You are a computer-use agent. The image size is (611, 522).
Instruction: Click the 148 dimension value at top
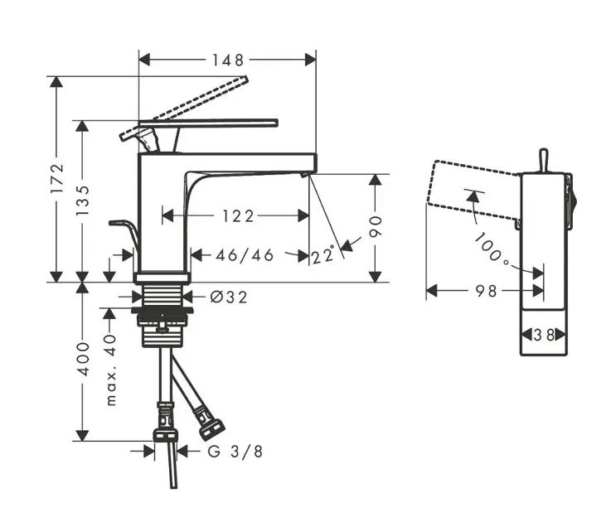click(226, 60)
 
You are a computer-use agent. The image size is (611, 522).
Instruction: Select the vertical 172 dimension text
click(57, 179)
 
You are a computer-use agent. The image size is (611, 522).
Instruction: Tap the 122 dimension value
click(237, 216)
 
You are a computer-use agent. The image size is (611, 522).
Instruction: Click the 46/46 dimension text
click(245, 255)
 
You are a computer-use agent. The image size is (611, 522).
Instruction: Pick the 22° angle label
click(324, 255)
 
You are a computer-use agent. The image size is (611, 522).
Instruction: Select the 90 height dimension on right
click(377, 226)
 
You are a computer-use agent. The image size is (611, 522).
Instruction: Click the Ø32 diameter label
click(229, 297)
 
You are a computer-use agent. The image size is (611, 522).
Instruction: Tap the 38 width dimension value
click(545, 335)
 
